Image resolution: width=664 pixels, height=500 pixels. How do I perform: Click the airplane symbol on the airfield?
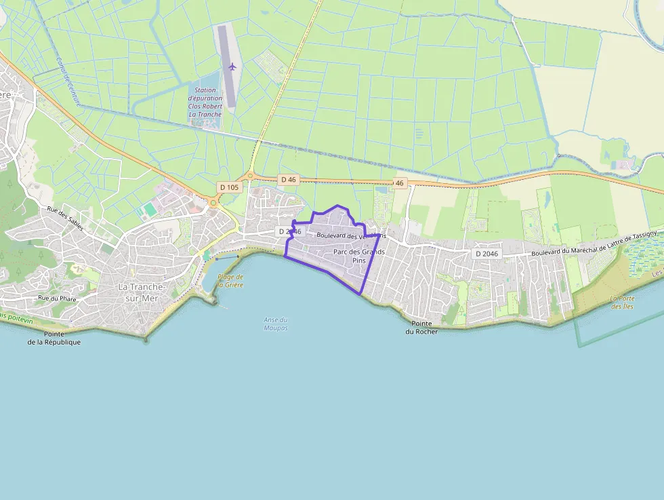click(232, 66)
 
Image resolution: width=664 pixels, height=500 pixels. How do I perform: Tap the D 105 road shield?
click(228, 187)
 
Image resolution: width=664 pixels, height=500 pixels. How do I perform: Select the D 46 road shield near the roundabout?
click(287, 179)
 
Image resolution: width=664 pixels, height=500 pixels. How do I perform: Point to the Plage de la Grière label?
click(230, 281)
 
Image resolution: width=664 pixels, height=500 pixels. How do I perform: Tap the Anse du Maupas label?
click(276, 324)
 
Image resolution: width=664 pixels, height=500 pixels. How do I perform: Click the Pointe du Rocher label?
click(421, 328)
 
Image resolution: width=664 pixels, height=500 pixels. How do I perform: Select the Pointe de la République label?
click(54, 338)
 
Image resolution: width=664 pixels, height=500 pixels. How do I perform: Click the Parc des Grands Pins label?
click(358, 256)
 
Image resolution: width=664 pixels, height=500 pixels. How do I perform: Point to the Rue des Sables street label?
click(65, 218)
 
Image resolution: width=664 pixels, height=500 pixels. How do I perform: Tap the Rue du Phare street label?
click(57, 298)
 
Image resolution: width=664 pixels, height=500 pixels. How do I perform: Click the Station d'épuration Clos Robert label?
click(205, 102)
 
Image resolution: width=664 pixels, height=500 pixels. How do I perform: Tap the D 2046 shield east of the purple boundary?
click(486, 254)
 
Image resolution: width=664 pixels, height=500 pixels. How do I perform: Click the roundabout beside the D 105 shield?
click(213, 201)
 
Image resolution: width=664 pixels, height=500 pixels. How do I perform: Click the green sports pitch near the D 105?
click(148, 211)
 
